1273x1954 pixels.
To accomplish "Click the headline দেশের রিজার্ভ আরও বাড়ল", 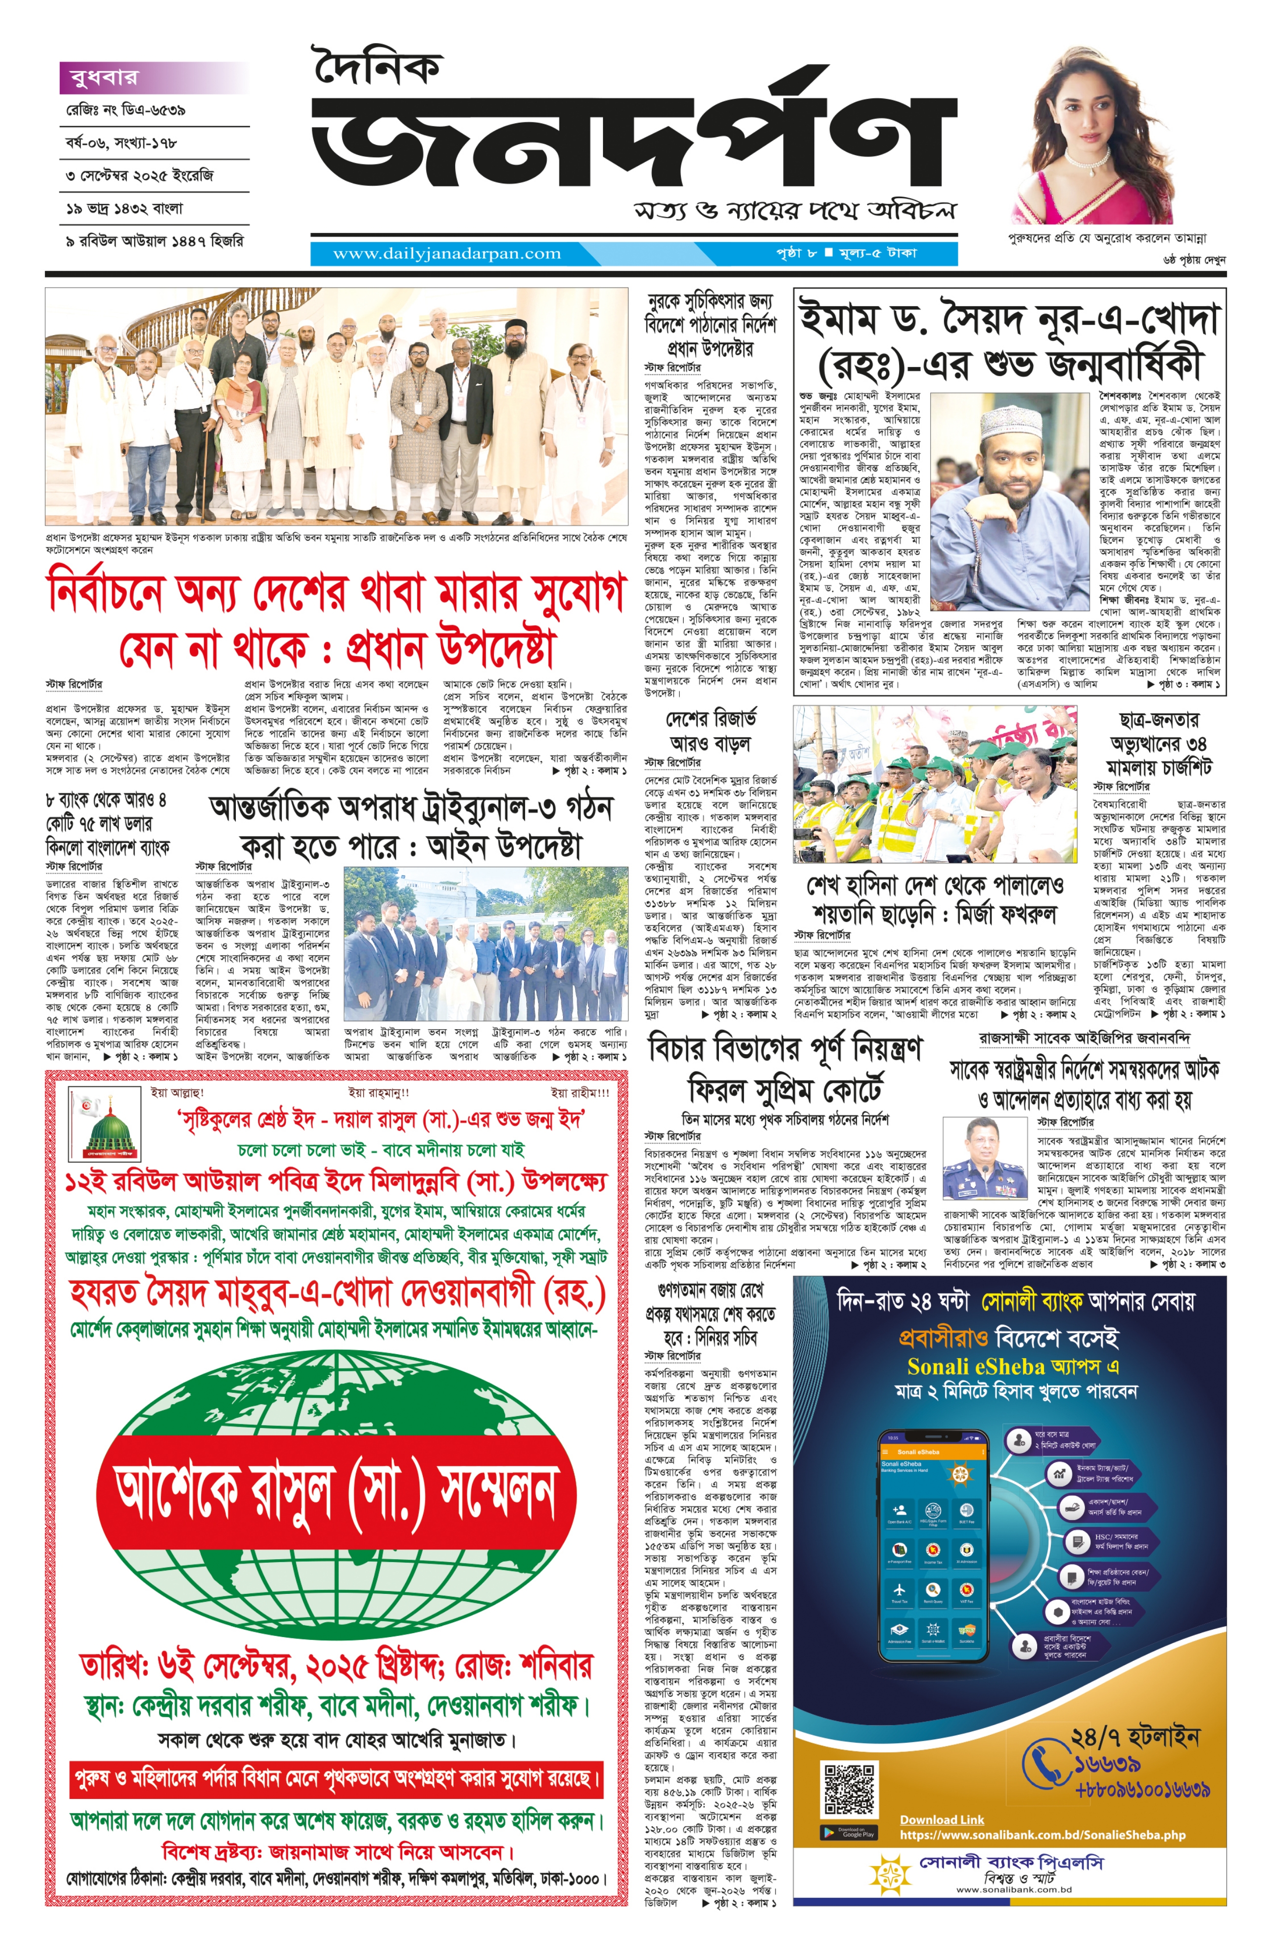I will pyautogui.click(x=711, y=731).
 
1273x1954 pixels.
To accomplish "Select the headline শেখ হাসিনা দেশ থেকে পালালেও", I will pyautogui.click(x=935, y=899).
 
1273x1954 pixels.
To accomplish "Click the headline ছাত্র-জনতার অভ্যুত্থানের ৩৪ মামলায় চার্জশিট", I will pyautogui.click(x=1158, y=743).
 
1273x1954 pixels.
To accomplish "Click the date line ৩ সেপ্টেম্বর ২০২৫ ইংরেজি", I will pyautogui.click(x=139, y=176).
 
